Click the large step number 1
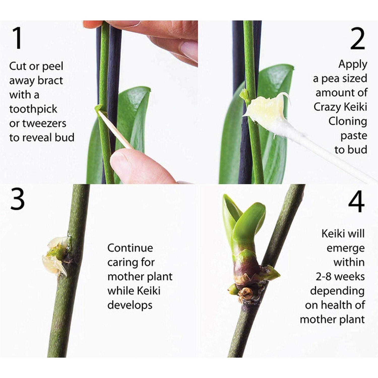[x=17, y=38]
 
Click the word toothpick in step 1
[x=33, y=109]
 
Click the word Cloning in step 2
[x=348, y=121]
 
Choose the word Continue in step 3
[x=130, y=248]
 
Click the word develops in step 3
[x=130, y=305]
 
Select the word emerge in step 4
[x=345, y=248]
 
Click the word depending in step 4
[x=337, y=291]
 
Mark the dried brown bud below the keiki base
[x=246, y=294]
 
